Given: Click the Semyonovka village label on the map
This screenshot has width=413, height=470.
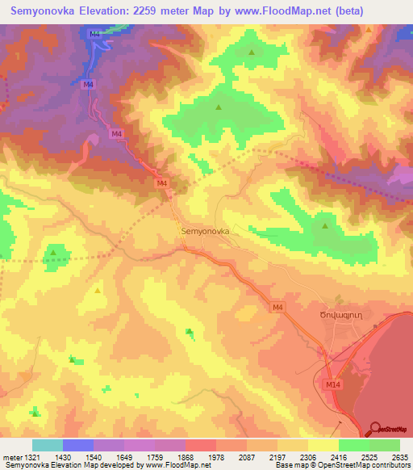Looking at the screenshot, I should click(206, 231).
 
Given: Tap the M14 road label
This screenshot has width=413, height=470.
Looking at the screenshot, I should click(332, 385).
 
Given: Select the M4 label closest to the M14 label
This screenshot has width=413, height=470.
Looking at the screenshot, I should click(277, 307).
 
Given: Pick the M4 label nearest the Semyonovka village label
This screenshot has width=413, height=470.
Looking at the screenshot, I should click(161, 183).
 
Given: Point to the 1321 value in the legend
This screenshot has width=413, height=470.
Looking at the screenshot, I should click(31, 457).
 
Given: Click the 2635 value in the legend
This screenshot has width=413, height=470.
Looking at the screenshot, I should click(398, 457).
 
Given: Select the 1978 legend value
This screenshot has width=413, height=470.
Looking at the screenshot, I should click(215, 457).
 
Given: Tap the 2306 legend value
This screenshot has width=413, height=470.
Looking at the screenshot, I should click(307, 457).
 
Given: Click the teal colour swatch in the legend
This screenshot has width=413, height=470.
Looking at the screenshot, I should click(48, 445).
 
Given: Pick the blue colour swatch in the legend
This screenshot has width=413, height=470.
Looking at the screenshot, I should click(78, 445).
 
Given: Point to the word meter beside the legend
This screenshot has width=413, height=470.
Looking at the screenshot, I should click(10, 457).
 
